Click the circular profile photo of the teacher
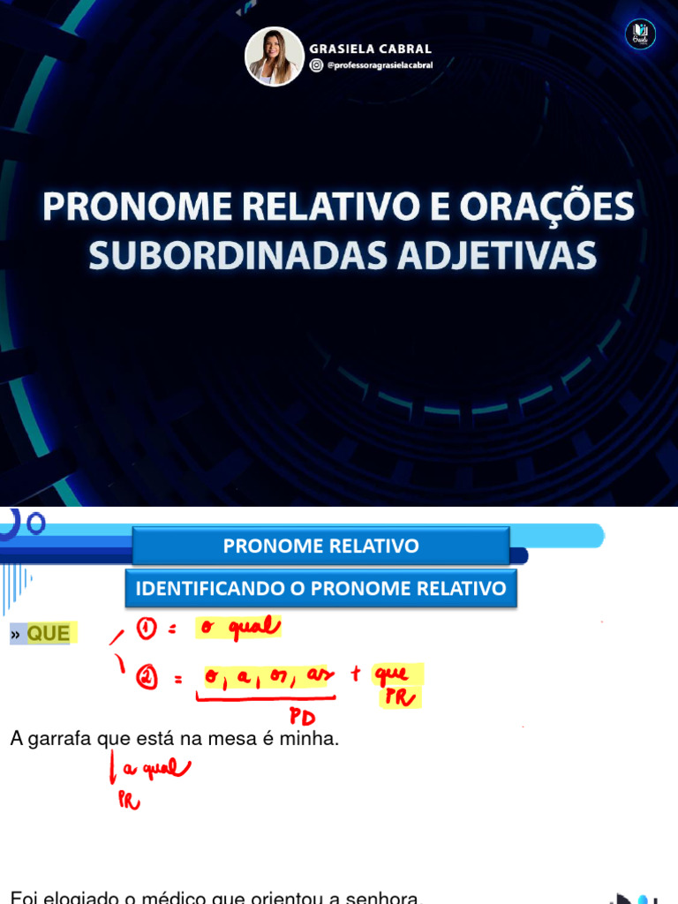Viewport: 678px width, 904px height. (x=275, y=56)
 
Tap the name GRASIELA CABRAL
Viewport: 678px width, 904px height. (x=371, y=49)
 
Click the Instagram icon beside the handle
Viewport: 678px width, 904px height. (x=316, y=65)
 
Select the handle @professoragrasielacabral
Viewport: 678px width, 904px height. (x=380, y=65)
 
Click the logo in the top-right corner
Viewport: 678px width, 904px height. (x=640, y=34)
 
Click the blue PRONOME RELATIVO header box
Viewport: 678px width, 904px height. (x=320, y=546)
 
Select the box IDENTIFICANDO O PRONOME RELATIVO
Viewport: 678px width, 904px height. (x=320, y=588)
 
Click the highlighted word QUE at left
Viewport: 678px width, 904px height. (x=48, y=633)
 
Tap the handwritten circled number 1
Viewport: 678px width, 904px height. (x=147, y=629)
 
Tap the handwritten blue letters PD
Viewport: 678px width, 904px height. (x=302, y=717)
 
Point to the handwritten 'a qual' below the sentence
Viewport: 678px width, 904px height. (x=156, y=770)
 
